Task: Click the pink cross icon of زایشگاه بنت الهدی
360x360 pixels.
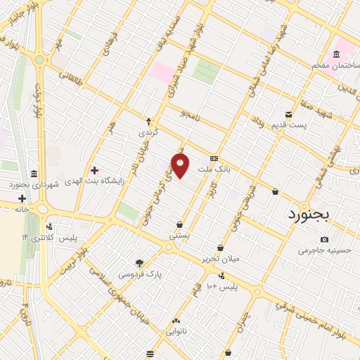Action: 94,171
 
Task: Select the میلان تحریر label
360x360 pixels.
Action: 221,258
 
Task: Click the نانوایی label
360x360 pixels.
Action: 176,328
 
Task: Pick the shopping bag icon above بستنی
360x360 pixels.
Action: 180,225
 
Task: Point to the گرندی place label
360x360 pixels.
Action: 148,132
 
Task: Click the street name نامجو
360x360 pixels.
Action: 190,113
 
